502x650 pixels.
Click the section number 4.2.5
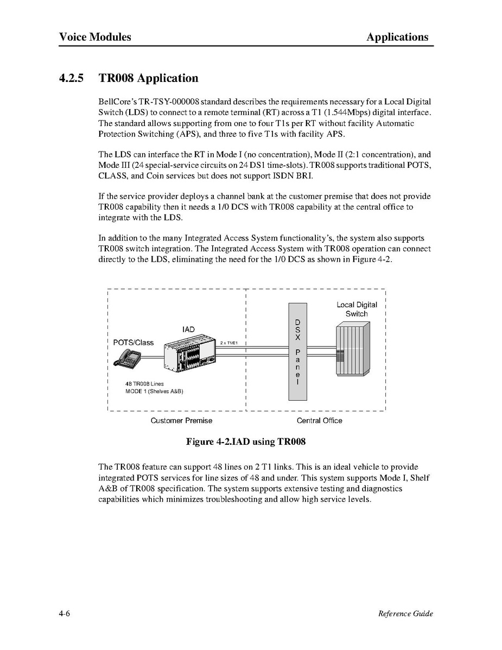click(72, 78)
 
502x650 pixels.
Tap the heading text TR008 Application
click(148, 78)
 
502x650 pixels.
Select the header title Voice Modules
click(95, 37)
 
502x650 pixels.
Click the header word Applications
click(397, 37)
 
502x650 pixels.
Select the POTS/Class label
click(133, 343)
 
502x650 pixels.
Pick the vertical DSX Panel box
click(297, 352)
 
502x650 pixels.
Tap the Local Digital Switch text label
click(357, 309)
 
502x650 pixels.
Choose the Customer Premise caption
click(181, 420)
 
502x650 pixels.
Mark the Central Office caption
click(319, 420)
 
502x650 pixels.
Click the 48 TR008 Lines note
click(144, 384)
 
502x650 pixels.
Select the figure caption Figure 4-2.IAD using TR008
click(246, 441)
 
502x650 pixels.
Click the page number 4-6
click(65, 614)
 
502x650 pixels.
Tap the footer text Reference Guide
click(405, 614)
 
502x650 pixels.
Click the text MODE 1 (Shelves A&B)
click(154, 392)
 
